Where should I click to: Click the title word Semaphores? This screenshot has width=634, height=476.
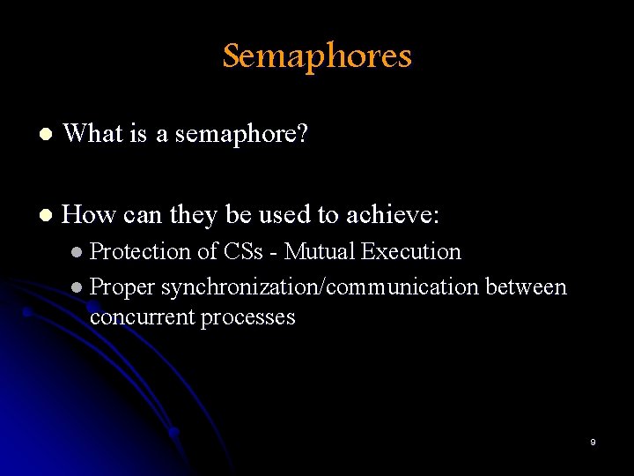pyautogui.click(x=317, y=56)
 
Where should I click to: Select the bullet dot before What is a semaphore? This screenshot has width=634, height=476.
pyautogui.click(x=45, y=135)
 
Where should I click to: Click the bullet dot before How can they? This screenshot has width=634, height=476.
pyautogui.click(x=45, y=215)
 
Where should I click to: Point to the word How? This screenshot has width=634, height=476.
pyautogui.click(x=88, y=214)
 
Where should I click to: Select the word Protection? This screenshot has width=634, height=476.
pyautogui.click(x=141, y=252)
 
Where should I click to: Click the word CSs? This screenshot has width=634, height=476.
pyautogui.click(x=243, y=252)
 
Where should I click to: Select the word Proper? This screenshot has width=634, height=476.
pyautogui.click(x=122, y=287)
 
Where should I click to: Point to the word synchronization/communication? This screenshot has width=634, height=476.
pyautogui.click(x=320, y=287)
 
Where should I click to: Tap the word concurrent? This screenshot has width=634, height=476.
pyautogui.click(x=142, y=317)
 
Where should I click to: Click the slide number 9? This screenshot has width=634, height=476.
pyautogui.click(x=593, y=442)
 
